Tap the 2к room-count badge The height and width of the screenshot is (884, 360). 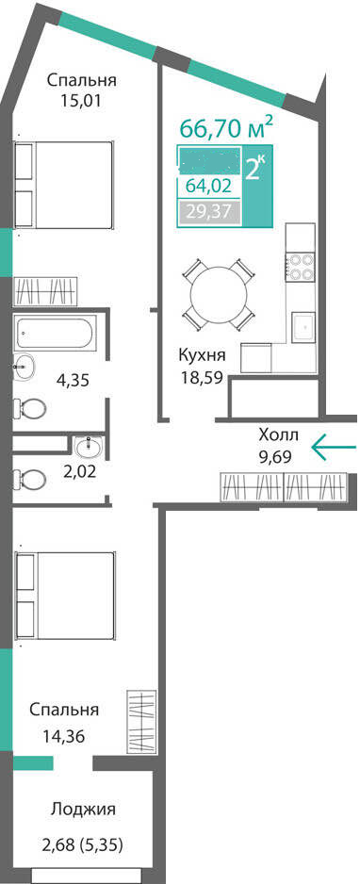click(x=254, y=170)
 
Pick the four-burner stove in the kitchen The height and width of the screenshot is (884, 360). click(x=300, y=267)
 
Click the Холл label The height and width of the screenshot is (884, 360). click(x=278, y=435)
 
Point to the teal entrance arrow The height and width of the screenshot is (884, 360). click(x=333, y=447)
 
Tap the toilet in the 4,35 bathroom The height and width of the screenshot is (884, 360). click(x=31, y=408)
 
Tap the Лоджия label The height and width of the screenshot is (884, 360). click(x=84, y=810)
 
